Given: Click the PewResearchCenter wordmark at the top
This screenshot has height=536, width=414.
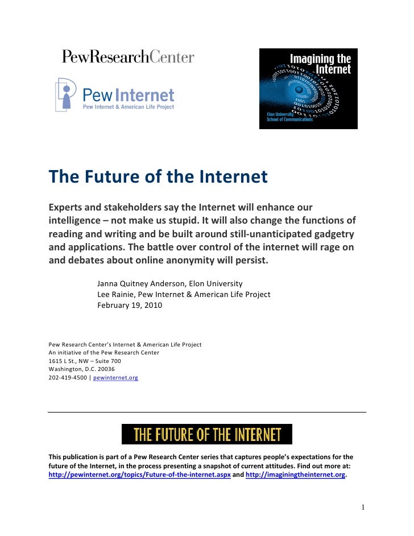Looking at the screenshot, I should [128, 57].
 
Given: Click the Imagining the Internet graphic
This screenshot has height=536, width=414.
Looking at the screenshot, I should [308, 88].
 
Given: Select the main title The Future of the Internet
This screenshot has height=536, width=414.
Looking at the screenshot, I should [158, 177].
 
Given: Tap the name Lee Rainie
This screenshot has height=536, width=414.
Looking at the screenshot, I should [117, 294].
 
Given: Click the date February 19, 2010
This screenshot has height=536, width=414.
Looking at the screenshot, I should [130, 305].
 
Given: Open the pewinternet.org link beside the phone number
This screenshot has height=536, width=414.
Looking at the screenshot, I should [115, 377].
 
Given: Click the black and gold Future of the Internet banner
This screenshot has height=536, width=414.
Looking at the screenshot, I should [207, 434].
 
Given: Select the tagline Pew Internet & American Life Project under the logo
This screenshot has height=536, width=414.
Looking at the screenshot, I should [129, 106].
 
